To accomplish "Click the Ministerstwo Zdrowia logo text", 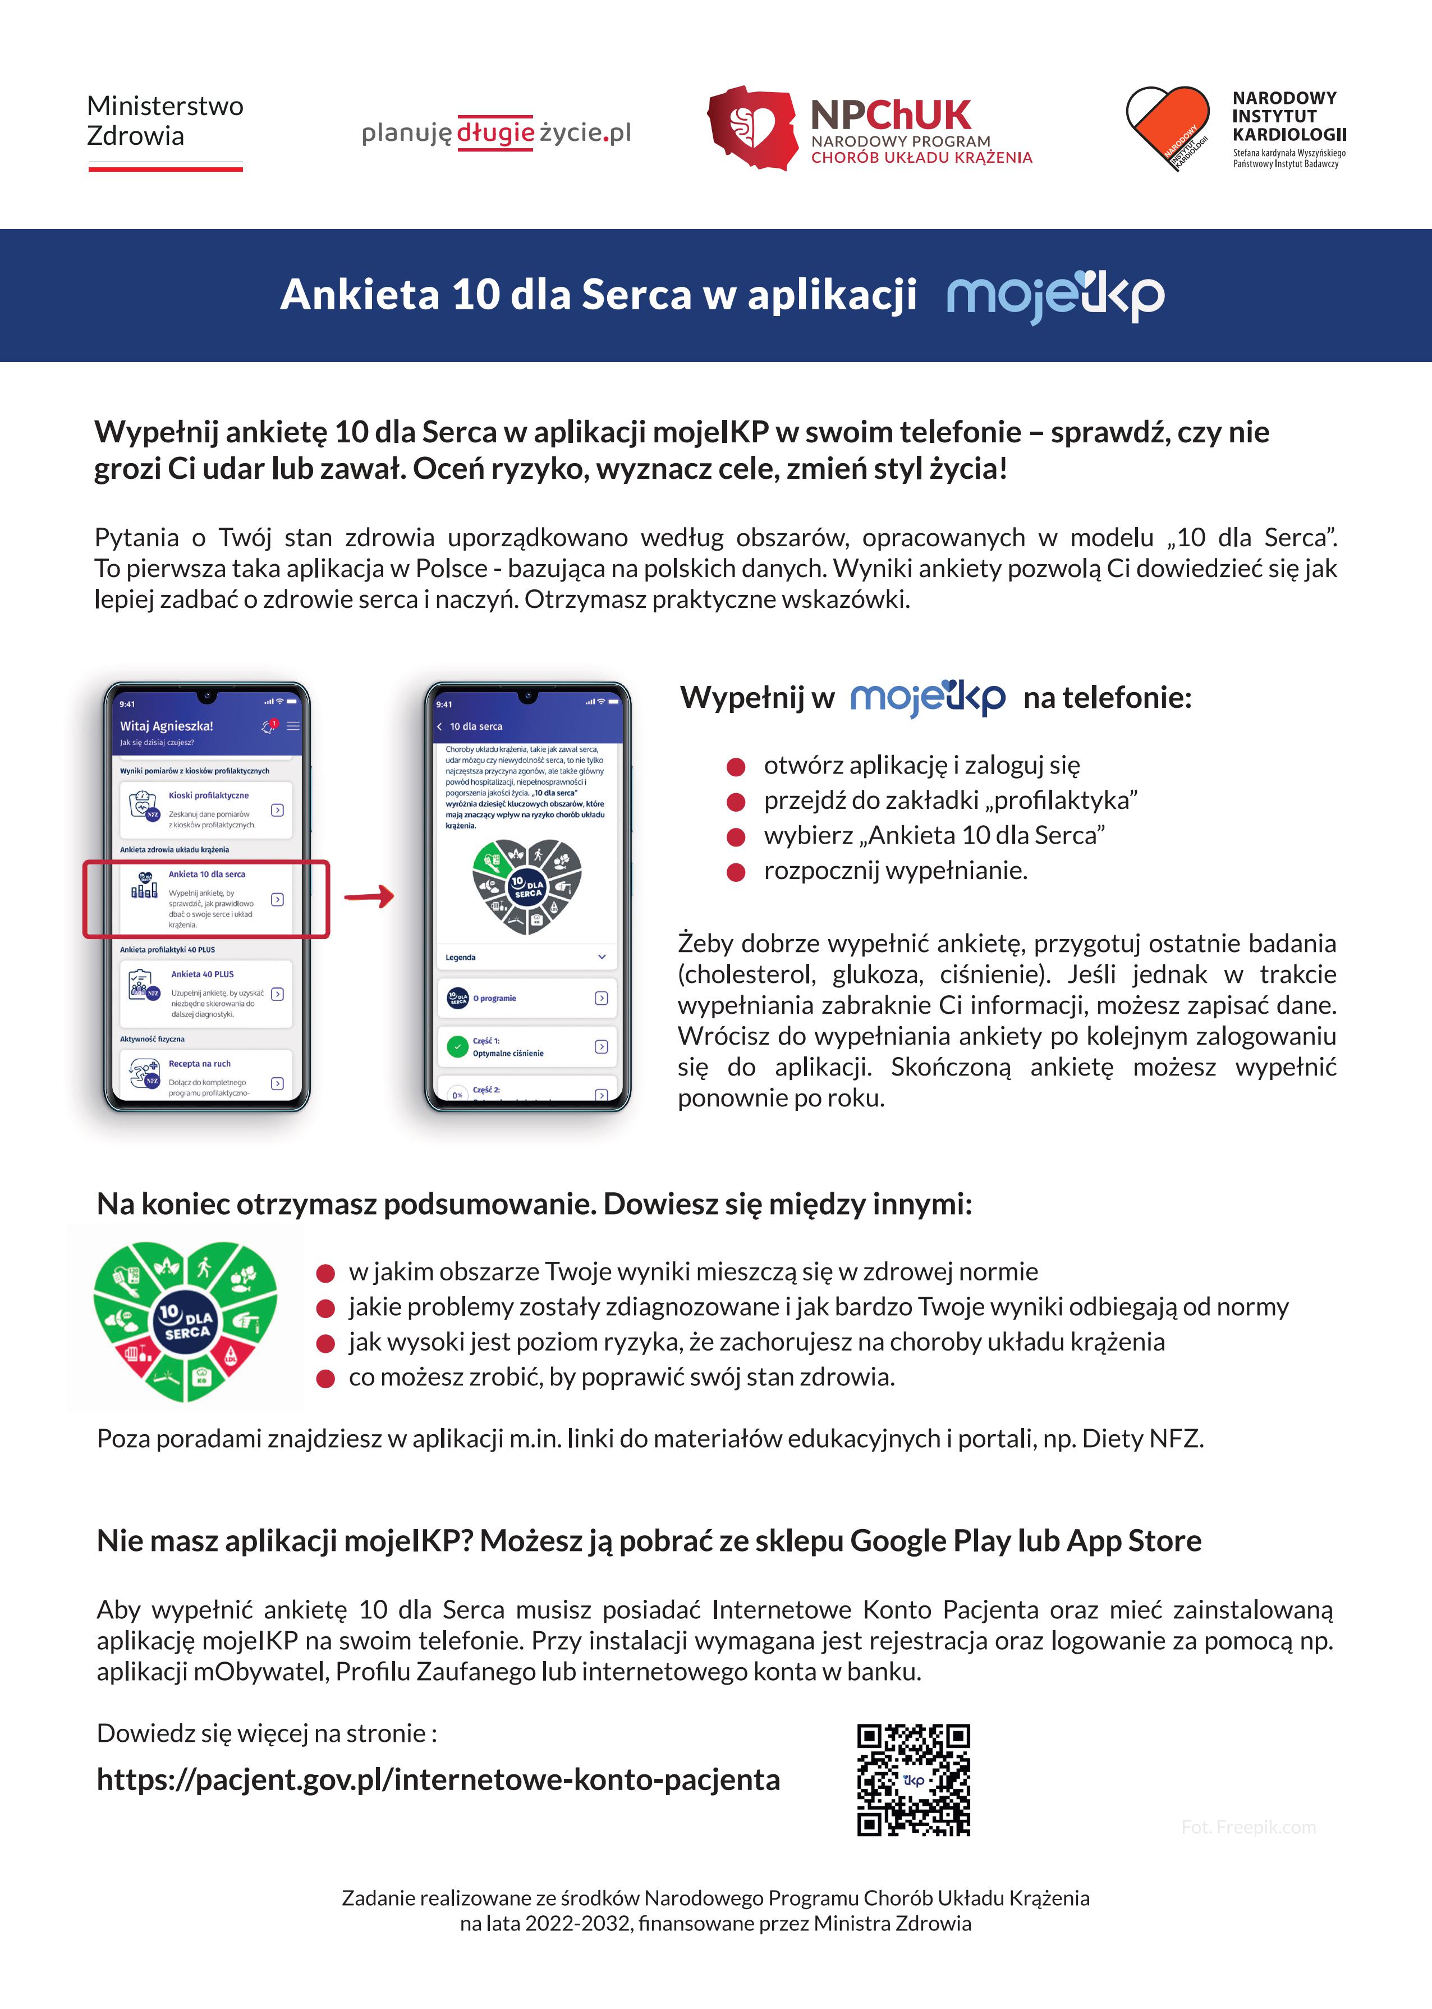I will pos(165,121).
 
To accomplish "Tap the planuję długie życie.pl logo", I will pos(497,132).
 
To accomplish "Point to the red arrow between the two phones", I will pos(369,898).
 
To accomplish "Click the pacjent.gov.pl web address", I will pos(438,1780).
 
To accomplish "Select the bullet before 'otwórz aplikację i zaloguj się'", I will pos(736,766).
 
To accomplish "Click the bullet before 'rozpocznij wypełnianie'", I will pos(736,872).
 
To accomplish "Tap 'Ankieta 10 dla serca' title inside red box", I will pos(207,874).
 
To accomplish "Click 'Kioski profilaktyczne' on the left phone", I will pos(209,795).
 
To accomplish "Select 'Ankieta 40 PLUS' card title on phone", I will pos(203,974).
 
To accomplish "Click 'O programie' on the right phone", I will pos(495,999).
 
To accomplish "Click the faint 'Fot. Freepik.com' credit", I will pos(1248,1827).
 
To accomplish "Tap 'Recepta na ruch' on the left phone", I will pos(200,1064).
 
